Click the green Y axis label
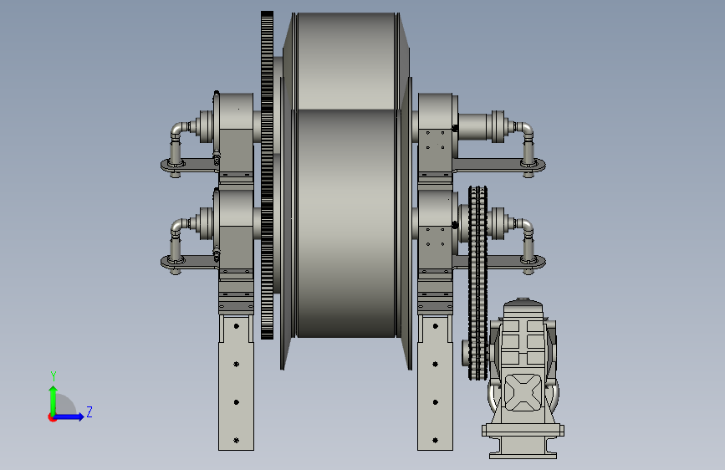click(54, 376)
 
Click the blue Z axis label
click(89, 411)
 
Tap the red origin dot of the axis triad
click(52, 417)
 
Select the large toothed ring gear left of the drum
click(268, 175)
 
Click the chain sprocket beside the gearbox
click(478, 283)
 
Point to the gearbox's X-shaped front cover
click(523, 392)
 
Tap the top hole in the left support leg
click(237, 326)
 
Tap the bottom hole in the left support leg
click(237, 441)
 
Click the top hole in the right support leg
click(435, 326)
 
